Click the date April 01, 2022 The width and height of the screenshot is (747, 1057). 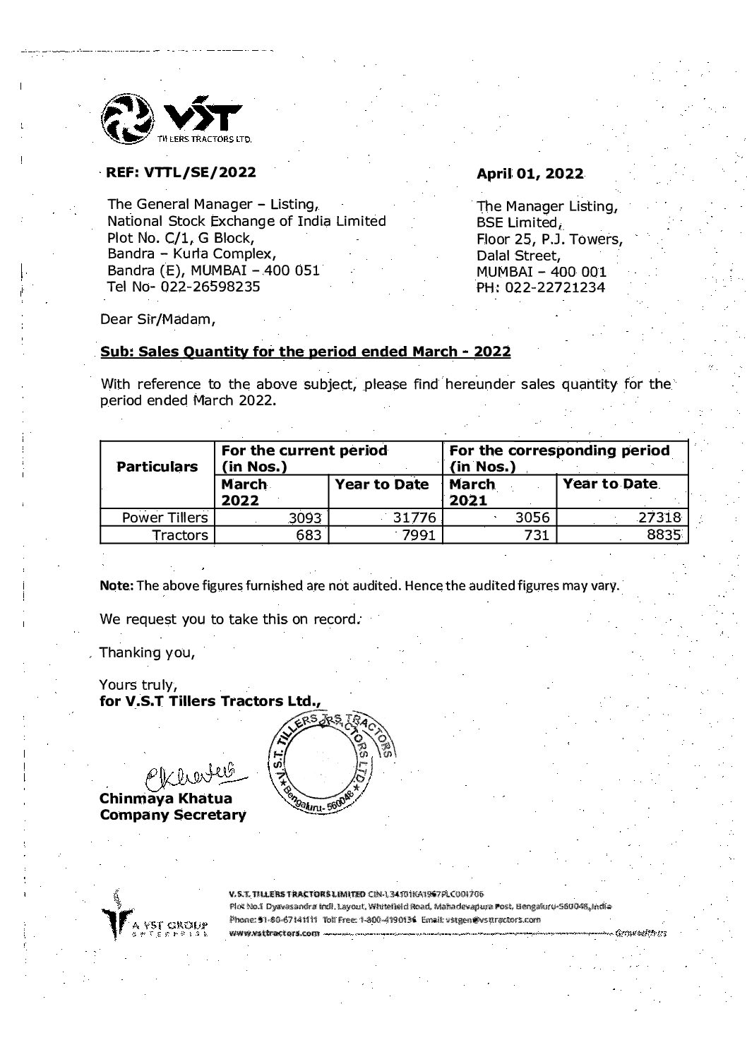tap(530, 174)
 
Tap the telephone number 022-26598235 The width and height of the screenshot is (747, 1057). tap(210, 287)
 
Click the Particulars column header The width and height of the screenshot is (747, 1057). tap(157, 467)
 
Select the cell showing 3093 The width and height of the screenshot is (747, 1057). tap(305, 518)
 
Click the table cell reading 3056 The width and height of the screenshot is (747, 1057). tap(533, 518)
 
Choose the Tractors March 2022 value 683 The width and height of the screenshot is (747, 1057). tap(309, 536)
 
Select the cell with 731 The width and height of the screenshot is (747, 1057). tap(537, 536)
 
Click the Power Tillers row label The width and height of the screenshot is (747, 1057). tap(165, 518)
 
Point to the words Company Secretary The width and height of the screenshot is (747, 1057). tap(173, 816)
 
